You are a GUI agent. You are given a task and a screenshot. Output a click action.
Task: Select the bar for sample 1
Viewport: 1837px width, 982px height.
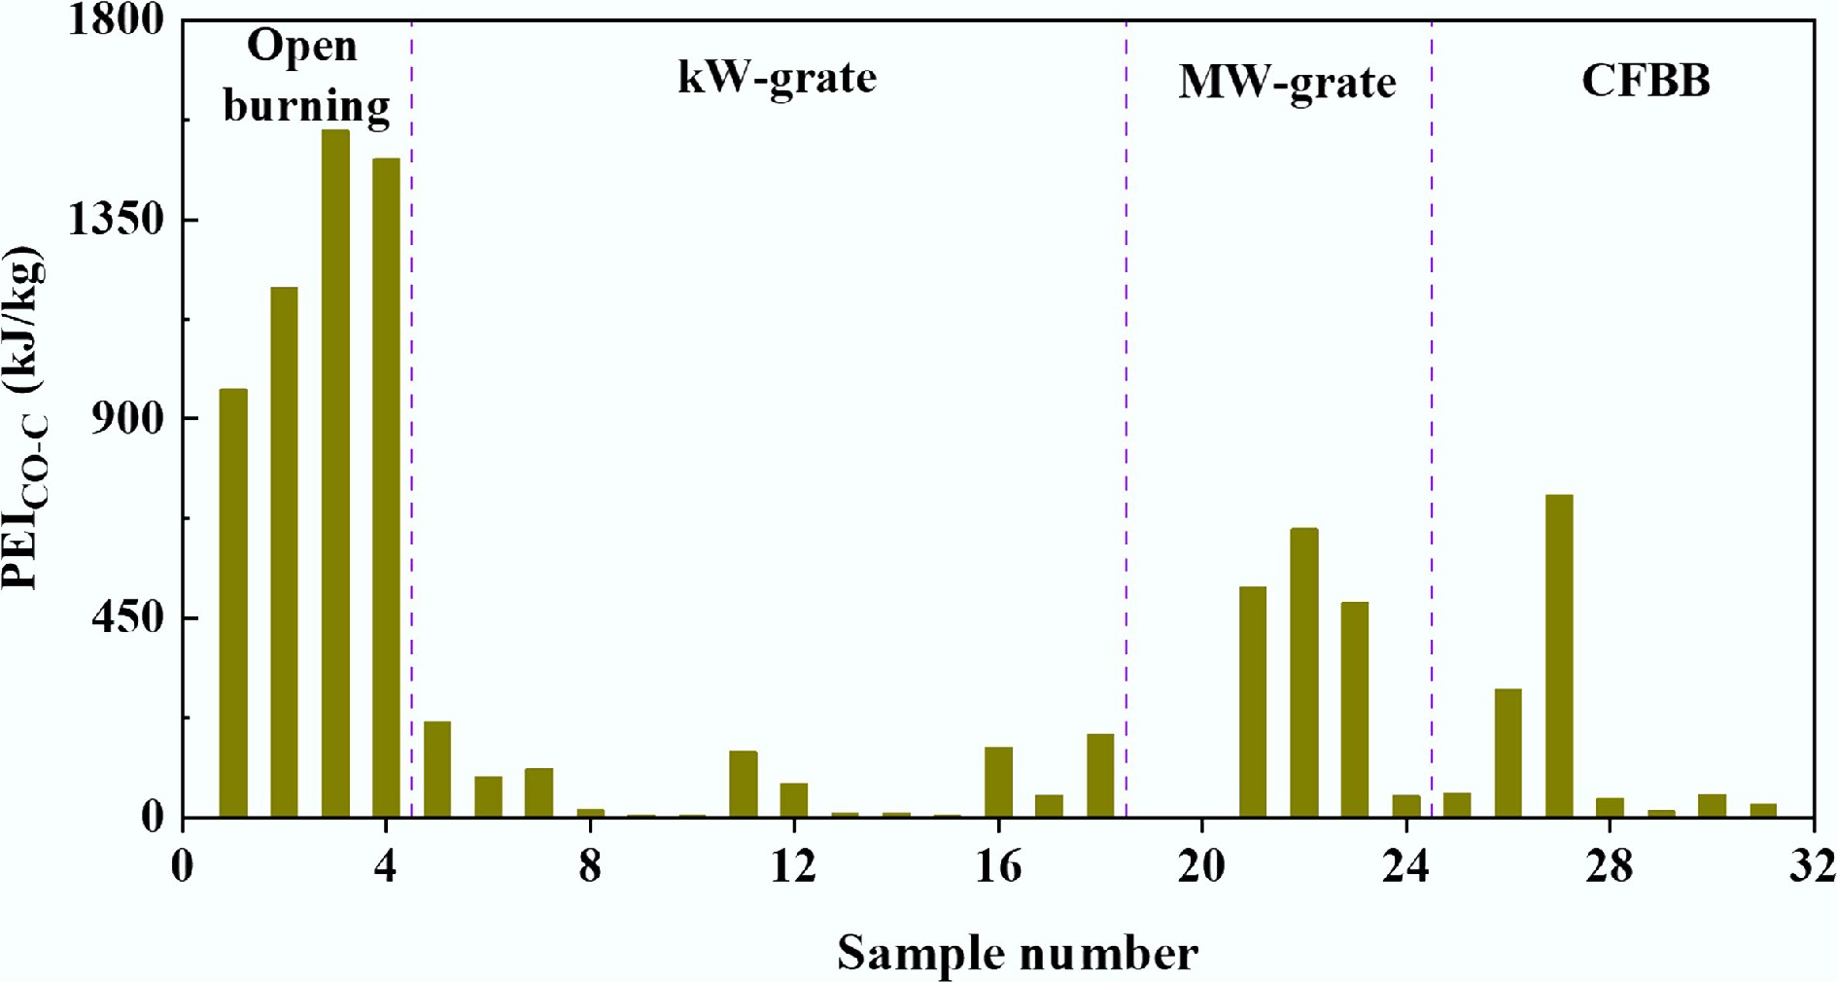[233, 603]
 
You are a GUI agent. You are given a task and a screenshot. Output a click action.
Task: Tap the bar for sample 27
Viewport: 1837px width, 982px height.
[1559, 655]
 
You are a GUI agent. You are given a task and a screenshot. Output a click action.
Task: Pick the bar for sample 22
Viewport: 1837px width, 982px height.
[1304, 672]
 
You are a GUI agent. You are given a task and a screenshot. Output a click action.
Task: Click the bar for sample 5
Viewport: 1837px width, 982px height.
[437, 768]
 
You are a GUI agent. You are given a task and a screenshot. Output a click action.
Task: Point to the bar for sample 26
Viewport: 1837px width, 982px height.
[1508, 753]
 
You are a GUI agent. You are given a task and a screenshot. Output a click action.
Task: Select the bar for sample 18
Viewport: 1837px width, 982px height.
[1100, 775]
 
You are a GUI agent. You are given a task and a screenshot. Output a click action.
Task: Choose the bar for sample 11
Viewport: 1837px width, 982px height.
[744, 784]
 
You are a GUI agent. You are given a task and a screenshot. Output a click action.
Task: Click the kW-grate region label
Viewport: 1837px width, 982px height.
[777, 78]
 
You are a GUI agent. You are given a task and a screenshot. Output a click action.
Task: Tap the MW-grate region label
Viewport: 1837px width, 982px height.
[1287, 82]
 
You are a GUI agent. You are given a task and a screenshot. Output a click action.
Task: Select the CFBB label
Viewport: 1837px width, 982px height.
[1646, 80]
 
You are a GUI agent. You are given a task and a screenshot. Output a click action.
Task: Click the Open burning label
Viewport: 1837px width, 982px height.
[305, 76]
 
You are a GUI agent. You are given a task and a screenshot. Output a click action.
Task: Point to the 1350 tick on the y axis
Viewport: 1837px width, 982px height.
[116, 220]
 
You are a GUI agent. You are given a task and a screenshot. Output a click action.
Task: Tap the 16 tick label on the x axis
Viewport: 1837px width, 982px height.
[998, 865]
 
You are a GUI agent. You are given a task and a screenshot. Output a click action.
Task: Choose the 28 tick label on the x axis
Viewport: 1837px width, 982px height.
[1610, 865]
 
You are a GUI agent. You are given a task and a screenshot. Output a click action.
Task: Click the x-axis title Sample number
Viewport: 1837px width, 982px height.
[1017, 953]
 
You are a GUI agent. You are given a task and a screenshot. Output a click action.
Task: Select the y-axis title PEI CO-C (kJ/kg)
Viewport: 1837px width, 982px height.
[25, 418]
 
